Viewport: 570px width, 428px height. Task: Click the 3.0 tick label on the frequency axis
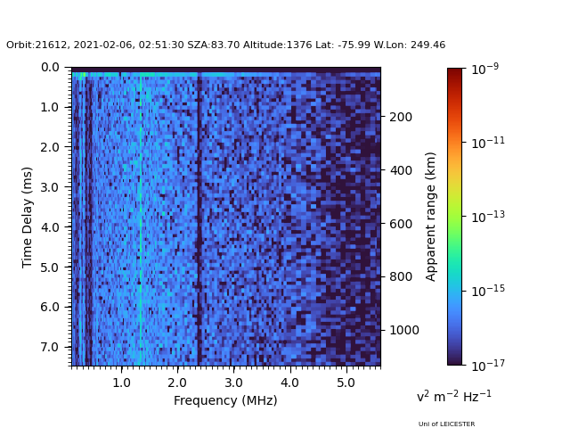click(233, 383)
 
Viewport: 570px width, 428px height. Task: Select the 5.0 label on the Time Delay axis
click(50, 267)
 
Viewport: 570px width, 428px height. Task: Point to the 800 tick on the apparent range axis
click(401, 276)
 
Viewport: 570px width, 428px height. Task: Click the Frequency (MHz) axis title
click(225, 400)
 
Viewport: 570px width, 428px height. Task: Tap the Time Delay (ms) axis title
click(27, 218)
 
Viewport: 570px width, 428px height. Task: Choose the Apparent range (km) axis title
click(430, 217)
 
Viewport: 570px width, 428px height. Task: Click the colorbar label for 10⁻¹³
click(488, 217)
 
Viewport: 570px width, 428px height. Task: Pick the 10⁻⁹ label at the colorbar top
click(484, 69)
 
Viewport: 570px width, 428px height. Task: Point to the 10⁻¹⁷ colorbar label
click(488, 365)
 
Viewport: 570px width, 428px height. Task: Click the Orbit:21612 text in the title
click(37, 45)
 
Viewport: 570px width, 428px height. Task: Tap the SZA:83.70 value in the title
click(214, 45)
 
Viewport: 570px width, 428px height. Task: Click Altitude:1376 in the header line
click(277, 45)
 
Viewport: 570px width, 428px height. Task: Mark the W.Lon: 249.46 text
click(410, 45)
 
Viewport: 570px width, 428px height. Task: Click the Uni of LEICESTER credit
click(446, 424)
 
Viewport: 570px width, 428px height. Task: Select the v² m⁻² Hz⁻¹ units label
click(453, 396)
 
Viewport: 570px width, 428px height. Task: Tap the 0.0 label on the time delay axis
click(50, 68)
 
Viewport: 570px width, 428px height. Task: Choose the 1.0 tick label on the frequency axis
click(121, 383)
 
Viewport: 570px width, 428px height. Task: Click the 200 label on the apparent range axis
click(401, 117)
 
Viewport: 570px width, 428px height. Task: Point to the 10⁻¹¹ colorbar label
click(488, 143)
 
